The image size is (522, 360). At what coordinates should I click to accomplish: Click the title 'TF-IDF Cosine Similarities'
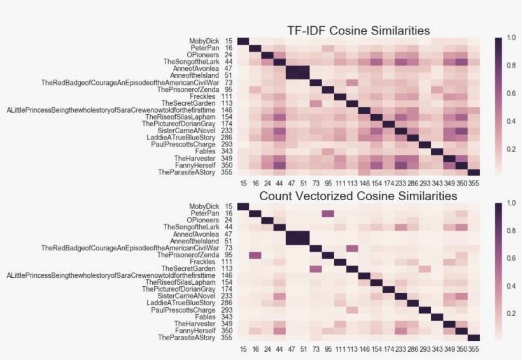pyautogui.click(x=358, y=31)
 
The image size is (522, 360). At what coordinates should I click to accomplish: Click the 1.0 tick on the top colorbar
pyautogui.click(x=510, y=38)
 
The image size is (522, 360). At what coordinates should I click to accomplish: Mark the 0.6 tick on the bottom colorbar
pyautogui.click(x=510, y=258)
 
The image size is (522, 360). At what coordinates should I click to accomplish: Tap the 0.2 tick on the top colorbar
pyautogui.click(x=510, y=149)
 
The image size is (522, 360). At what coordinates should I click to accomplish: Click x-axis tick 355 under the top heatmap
pyautogui.click(x=474, y=184)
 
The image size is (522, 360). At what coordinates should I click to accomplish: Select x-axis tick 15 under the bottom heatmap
pyautogui.click(x=243, y=349)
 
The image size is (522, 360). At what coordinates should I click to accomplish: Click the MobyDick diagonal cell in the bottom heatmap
pyautogui.click(x=243, y=206)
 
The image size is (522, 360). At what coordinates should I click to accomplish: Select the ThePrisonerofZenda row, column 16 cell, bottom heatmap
pyautogui.click(x=255, y=255)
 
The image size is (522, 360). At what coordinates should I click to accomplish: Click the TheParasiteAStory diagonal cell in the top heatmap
pyautogui.click(x=474, y=172)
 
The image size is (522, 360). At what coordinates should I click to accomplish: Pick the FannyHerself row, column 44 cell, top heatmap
pyautogui.click(x=279, y=165)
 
